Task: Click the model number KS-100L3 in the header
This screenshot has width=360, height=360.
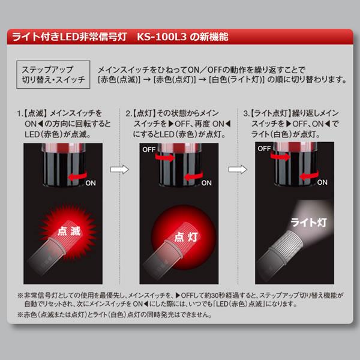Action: click(x=161, y=37)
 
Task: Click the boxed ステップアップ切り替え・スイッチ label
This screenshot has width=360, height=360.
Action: click(x=53, y=74)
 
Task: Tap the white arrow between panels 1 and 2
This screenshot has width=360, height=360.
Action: click(x=119, y=169)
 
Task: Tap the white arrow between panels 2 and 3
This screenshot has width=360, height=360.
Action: click(x=238, y=169)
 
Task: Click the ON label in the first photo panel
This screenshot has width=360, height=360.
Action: click(x=91, y=183)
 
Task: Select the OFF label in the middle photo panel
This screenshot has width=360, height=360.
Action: click(x=149, y=149)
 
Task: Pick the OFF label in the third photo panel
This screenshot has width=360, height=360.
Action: click(x=264, y=149)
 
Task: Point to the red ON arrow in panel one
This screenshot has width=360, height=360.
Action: click(x=77, y=176)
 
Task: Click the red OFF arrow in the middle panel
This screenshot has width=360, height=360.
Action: click(x=165, y=157)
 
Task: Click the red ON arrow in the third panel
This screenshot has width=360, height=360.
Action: click(x=309, y=175)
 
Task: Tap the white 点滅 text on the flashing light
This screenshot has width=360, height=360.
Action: click(x=69, y=231)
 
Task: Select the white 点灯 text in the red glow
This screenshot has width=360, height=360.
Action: click(x=186, y=237)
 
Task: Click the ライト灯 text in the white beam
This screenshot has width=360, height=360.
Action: click(x=308, y=222)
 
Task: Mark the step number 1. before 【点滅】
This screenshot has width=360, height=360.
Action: click(x=20, y=113)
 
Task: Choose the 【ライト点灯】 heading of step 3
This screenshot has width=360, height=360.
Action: click(x=271, y=113)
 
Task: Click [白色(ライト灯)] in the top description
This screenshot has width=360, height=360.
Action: click(x=237, y=80)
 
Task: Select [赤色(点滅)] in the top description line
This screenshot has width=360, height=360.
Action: click(x=119, y=80)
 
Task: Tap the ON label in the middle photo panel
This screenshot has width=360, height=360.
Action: click(x=206, y=183)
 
